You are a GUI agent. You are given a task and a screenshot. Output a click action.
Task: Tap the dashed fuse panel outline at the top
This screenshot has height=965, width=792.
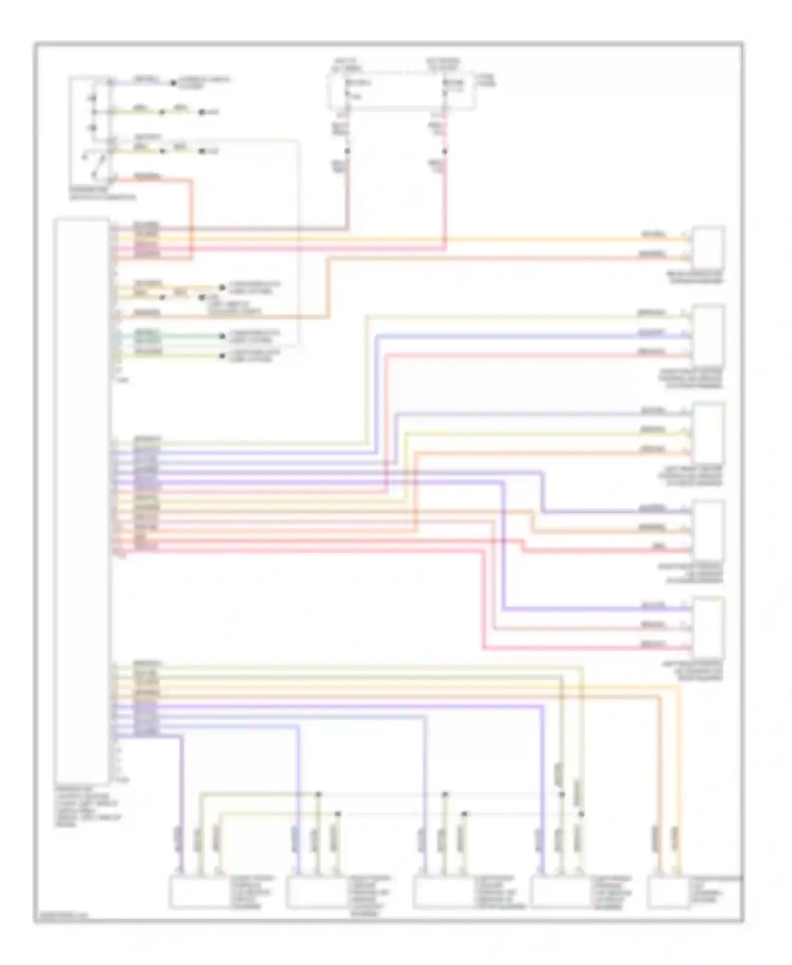pyautogui.click(x=401, y=91)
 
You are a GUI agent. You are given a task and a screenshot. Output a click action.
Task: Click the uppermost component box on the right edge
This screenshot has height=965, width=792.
pyautogui.click(x=709, y=248)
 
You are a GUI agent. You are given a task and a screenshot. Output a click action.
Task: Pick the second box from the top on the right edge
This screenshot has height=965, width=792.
pyautogui.click(x=709, y=335)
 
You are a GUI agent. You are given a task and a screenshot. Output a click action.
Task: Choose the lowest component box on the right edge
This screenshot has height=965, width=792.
pyautogui.click(x=709, y=628)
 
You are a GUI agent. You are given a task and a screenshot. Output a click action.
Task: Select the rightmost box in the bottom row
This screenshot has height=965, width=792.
pyautogui.click(x=668, y=892)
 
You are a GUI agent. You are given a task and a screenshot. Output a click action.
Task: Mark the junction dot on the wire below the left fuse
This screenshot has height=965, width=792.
pyautogui.click(x=347, y=152)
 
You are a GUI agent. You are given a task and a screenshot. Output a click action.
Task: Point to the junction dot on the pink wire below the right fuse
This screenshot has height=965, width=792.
pyautogui.click(x=445, y=152)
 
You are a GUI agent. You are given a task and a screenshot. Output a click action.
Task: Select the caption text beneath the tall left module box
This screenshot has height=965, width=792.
pyautogui.click(x=87, y=805)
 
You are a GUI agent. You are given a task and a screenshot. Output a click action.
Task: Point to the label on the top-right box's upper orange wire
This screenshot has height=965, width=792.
pyautogui.click(x=653, y=234)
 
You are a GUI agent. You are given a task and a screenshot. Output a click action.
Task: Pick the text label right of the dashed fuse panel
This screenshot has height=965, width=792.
pyautogui.click(x=486, y=80)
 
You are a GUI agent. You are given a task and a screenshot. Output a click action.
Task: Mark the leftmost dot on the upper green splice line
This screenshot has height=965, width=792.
pyautogui.click(x=319, y=794)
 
